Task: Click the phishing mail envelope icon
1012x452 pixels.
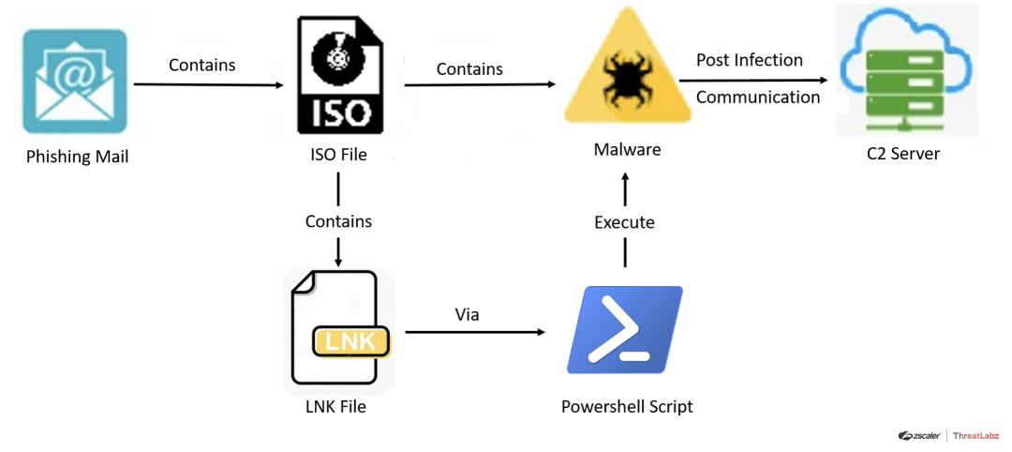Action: [x=75, y=82]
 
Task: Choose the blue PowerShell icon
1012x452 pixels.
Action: [x=625, y=330]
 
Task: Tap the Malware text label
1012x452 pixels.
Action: [x=628, y=150]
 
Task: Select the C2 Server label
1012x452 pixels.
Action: [x=903, y=154]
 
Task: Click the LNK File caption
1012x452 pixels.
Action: [x=335, y=407]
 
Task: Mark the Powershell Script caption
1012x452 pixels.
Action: [x=627, y=406]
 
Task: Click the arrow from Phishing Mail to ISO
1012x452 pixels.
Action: [x=208, y=85]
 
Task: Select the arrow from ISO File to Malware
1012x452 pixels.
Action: [x=479, y=85]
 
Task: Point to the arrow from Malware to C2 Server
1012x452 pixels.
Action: [x=759, y=80]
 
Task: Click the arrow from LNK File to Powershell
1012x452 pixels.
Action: [x=474, y=332]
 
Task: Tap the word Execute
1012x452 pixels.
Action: [x=624, y=222]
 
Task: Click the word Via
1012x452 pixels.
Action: [x=467, y=314]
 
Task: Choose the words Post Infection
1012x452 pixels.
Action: [x=750, y=60]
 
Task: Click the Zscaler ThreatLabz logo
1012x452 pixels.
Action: [x=948, y=435]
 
